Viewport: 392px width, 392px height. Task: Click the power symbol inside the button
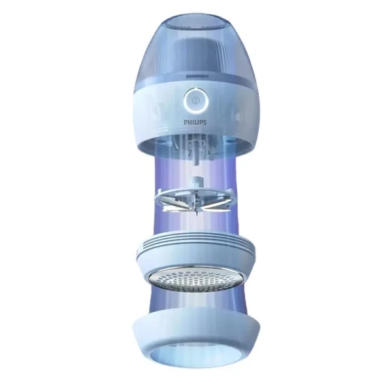[x=195, y=99]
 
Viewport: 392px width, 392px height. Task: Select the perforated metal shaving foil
[x=195, y=278]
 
